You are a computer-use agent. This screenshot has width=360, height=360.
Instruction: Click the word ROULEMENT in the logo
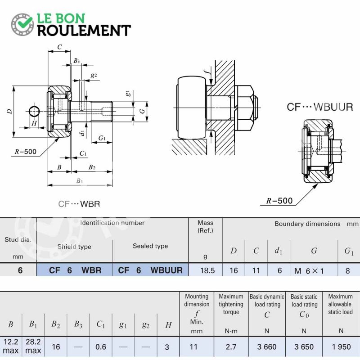(84, 31)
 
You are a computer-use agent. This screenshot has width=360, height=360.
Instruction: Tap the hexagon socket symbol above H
(35, 111)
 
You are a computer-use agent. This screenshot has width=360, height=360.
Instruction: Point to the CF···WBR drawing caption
(79, 204)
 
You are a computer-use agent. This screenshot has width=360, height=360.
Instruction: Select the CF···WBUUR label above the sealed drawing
(320, 107)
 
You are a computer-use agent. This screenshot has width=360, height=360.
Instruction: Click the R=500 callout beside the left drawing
(26, 152)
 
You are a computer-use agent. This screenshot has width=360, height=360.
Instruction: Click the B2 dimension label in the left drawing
(92, 167)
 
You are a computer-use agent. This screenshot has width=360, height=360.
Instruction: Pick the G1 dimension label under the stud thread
(102, 138)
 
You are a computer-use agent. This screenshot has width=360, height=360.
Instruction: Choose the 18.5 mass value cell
(207, 270)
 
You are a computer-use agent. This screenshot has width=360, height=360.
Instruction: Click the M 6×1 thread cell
(309, 271)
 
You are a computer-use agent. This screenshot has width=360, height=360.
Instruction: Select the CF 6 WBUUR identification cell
(150, 270)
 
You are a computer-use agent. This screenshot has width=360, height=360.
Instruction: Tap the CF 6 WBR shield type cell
(75, 270)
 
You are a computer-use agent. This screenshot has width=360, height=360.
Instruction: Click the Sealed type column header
(150, 246)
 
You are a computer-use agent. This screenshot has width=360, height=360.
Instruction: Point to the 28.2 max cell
(33, 346)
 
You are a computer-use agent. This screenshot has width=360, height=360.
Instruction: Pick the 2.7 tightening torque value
(231, 346)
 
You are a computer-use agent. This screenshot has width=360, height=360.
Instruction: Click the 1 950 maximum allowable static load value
(341, 346)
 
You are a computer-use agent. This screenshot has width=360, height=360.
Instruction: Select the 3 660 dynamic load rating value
(267, 346)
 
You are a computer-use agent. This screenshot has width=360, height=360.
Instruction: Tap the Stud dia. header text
(18, 240)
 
